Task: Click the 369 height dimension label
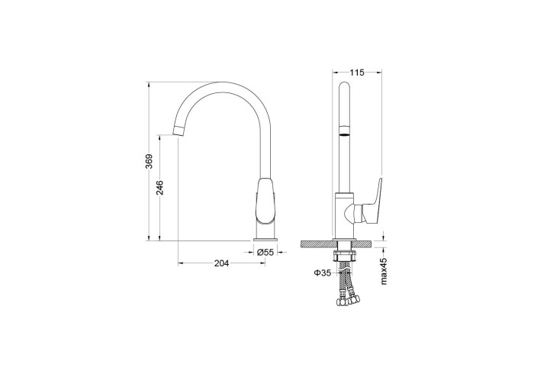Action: coord(150,162)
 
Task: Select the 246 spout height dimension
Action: coord(160,188)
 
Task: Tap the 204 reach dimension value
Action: coord(220,263)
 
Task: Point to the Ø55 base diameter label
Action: coord(264,252)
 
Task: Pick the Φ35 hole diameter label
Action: coord(320,272)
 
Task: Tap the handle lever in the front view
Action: coord(374,199)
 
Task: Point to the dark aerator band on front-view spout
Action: coord(345,131)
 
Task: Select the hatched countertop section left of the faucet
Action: coord(317,243)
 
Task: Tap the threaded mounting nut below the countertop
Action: coord(345,251)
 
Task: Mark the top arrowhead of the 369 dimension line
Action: coord(150,84)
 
